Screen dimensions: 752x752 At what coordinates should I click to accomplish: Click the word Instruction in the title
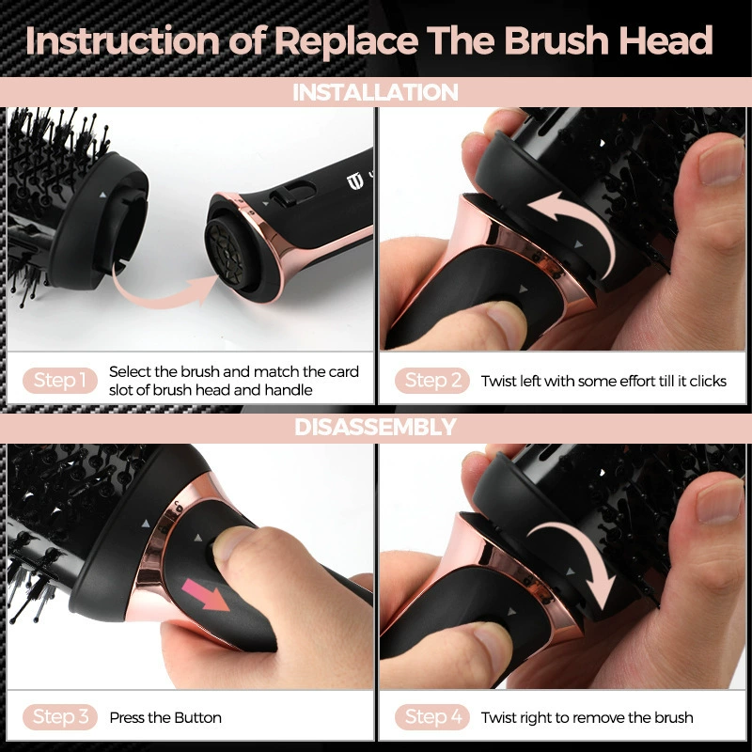123,40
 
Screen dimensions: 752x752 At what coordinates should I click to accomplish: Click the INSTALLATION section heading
375,92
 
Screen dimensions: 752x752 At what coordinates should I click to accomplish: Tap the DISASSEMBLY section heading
375,427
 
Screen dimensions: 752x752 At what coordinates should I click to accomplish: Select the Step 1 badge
60,381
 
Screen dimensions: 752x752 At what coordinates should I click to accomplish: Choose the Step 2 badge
432,381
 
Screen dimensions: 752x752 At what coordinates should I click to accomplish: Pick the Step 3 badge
60,717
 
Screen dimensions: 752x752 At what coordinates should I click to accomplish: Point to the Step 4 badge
432,717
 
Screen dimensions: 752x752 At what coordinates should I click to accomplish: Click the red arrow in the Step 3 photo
206,595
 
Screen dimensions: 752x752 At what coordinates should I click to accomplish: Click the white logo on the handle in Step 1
354,181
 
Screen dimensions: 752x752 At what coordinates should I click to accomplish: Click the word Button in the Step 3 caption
197,717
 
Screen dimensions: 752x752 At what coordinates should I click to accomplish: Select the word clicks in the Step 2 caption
708,382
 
